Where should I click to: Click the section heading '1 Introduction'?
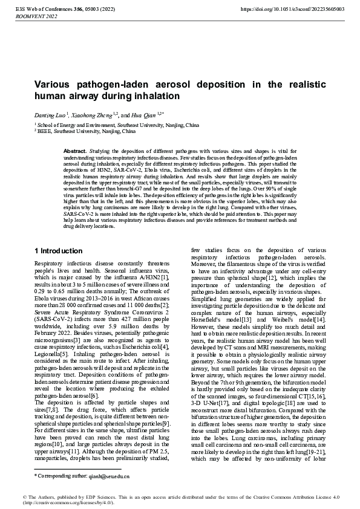click(59, 251)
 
